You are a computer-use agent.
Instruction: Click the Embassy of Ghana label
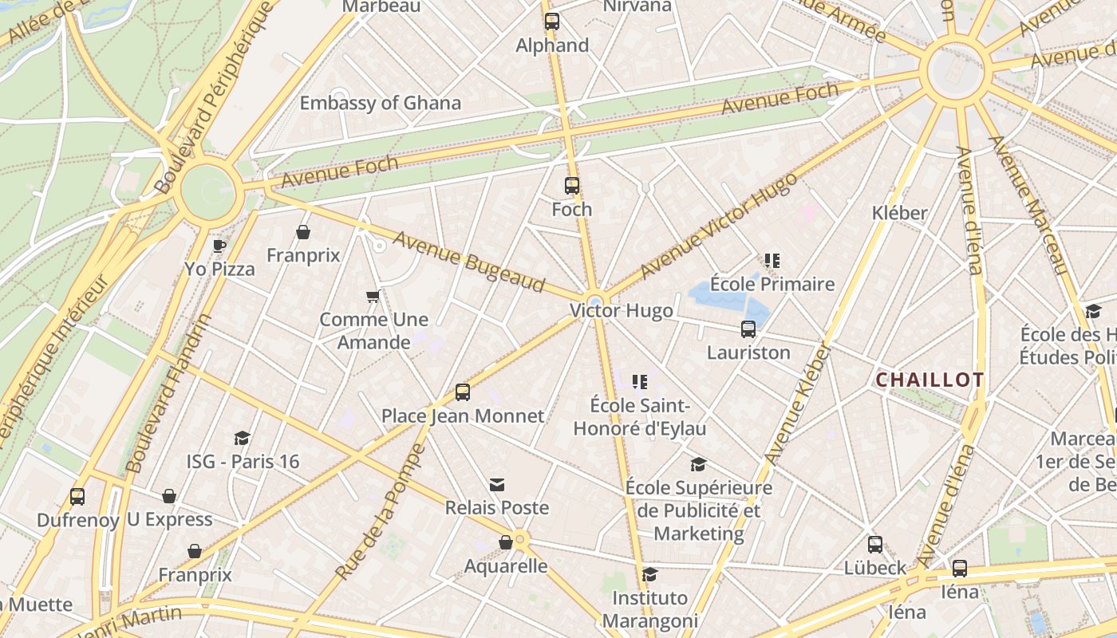pyautogui.click(x=380, y=103)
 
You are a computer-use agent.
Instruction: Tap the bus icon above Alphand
pyautogui.click(x=552, y=22)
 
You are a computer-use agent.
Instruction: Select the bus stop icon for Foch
pyautogui.click(x=572, y=186)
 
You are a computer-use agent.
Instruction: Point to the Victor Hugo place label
pyautogui.click(x=621, y=310)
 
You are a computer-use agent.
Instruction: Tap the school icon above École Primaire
pyautogui.click(x=772, y=261)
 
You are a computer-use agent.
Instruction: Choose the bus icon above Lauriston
pyautogui.click(x=748, y=329)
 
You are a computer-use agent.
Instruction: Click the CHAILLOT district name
pyautogui.click(x=930, y=380)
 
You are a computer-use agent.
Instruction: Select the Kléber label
pyautogui.click(x=900, y=213)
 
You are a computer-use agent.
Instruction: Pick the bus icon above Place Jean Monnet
pyautogui.click(x=463, y=392)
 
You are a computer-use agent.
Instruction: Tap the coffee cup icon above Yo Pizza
pyautogui.click(x=219, y=246)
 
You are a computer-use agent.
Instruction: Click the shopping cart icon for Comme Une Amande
pyautogui.click(x=373, y=297)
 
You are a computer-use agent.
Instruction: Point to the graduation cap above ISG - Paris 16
pyautogui.click(x=243, y=438)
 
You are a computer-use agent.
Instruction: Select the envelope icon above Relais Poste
pyautogui.click(x=497, y=485)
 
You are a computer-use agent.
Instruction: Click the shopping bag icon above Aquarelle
pyautogui.click(x=506, y=543)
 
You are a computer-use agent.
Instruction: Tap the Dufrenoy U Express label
pyautogui.click(x=124, y=520)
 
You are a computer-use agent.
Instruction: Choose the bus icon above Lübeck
pyautogui.click(x=875, y=545)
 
